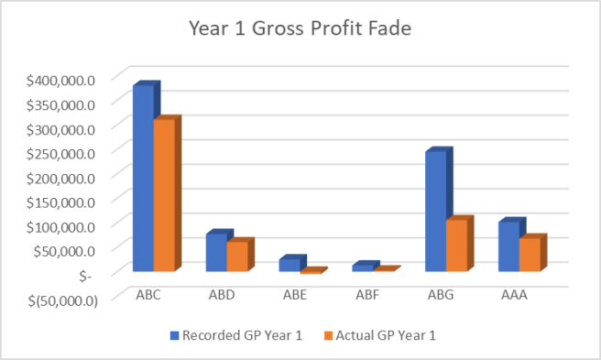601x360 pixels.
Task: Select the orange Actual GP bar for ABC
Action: click(165, 196)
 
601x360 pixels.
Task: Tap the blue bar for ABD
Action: click(215, 253)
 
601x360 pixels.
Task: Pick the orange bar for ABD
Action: click(237, 256)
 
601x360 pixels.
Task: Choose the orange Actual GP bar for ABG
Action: click(457, 245)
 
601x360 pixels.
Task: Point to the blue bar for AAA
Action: click(508, 246)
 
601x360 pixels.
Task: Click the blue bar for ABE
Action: click(289, 266)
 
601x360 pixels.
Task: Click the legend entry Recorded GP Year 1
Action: click(235, 335)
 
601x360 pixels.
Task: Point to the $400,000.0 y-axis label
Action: click(61, 79)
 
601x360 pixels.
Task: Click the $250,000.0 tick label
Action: click(61, 152)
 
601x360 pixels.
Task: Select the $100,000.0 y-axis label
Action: click(61, 225)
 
